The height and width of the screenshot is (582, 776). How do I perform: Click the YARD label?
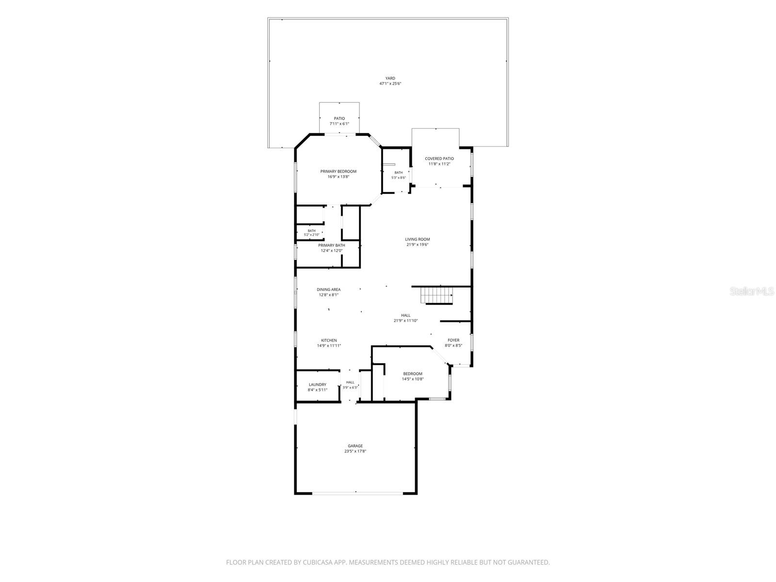(390, 78)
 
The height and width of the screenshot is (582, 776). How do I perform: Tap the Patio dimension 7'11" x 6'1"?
(339, 124)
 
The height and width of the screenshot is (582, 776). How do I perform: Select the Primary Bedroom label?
(338, 171)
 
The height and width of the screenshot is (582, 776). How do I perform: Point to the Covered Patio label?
(439, 159)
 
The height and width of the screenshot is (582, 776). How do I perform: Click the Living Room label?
(417, 239)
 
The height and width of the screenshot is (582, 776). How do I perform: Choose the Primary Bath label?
(331, 245)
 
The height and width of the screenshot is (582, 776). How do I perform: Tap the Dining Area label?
(328, 290)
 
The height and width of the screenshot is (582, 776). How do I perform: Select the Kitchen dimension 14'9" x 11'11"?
(329, 346)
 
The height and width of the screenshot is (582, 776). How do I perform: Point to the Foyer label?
(453, 340)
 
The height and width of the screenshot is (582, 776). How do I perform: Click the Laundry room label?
(318, 385)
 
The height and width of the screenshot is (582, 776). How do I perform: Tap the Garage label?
(355, 446)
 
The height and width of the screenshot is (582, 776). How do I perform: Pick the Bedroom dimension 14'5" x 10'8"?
(413, 379)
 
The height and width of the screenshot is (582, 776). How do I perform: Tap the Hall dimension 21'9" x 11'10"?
(405, 321)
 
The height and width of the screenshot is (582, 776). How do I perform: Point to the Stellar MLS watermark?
(751, 291)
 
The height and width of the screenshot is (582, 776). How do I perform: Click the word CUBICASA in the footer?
(317, 562)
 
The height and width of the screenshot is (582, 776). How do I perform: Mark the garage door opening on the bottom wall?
(357, 493)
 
